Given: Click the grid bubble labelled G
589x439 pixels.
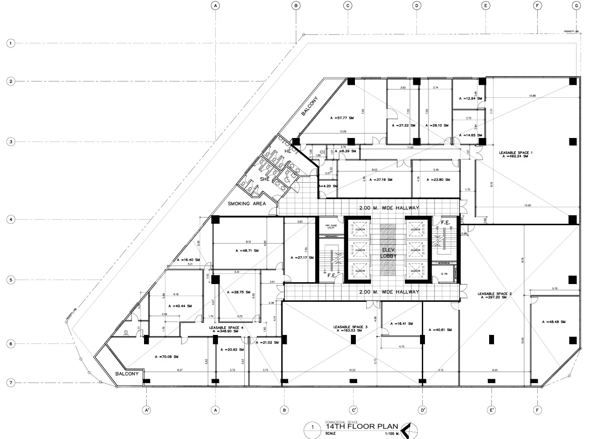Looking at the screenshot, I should click(x=577, y=6).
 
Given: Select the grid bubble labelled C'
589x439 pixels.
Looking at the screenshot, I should click(x=354, y=410).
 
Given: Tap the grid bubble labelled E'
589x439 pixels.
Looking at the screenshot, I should click(x=491, y=410).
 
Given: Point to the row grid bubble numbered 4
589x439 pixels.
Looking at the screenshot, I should click(x=10, y=219).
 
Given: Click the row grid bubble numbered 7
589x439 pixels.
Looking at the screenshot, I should click(x=10, y=383).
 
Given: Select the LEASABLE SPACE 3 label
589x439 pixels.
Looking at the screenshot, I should click(x=350, y=329).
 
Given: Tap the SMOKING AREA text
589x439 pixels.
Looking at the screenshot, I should click(x=247, y=204).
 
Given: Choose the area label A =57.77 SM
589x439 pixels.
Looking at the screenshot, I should click(x=342, y=118).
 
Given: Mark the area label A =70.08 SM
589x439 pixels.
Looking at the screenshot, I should click(x=166, y=357).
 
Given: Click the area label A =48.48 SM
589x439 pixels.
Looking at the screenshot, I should click(x=554, y=322).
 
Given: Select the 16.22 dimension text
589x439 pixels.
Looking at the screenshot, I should click(x=352, y=370).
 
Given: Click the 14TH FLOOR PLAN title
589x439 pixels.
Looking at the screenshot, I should click(x=362, y=426).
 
